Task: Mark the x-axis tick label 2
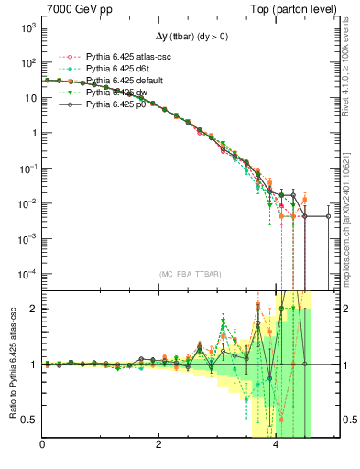coord(159,446)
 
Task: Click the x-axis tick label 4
coord(277,446)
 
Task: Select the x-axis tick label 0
coord(42,446)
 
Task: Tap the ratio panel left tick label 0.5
coord(30,420)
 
